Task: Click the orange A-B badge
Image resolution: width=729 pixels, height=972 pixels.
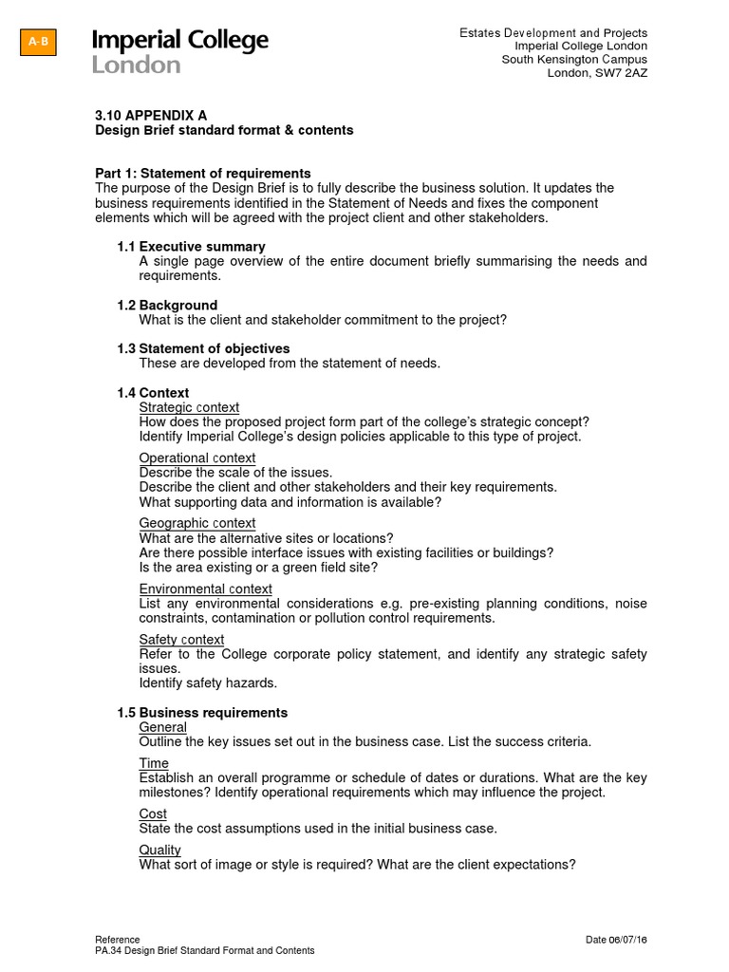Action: coord(38,43)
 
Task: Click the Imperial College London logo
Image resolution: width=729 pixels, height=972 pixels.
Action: coord(180,51)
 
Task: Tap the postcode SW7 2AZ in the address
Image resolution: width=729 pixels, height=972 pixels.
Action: coord(623,74)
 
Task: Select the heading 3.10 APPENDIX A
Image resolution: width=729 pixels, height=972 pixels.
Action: coord(151,115)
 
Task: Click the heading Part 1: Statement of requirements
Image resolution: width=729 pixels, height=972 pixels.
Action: coord(203,173)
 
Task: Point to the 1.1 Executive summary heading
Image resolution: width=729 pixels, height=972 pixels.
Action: coord(191,247)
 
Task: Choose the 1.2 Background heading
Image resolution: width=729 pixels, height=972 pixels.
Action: coord(167,305)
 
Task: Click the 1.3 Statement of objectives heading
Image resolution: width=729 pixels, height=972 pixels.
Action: coord(203,348)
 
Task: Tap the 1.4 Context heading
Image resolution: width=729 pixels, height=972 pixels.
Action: coord(153,392)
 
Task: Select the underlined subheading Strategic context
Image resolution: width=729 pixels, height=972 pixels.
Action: coord(189,407)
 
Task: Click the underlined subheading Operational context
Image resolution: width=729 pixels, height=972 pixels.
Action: coord(196,458)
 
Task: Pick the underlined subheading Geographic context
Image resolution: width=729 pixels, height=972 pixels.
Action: coord(196,523)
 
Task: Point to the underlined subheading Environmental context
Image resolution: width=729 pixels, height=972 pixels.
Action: coord(205,589)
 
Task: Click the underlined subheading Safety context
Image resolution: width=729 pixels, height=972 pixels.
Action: coord(181,640)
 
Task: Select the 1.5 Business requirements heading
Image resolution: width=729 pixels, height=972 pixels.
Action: coord(202,712)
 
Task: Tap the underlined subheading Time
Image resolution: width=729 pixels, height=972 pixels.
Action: coord(154,763)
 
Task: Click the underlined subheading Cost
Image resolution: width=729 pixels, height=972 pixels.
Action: coord(153,813)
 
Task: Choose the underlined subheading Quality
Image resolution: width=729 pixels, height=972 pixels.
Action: coord(159,850)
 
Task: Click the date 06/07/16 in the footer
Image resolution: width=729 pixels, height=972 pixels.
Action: coord(629,940)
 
